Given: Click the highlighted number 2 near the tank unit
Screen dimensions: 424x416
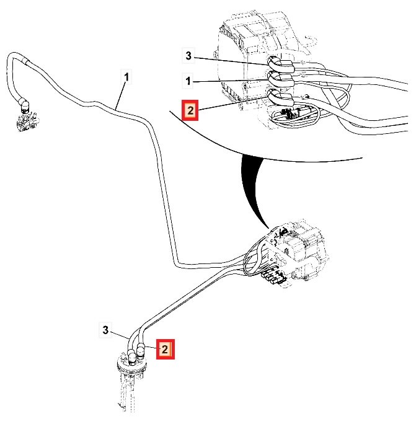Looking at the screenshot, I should tap(165, 350).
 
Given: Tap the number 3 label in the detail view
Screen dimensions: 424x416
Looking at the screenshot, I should tap(188, 57).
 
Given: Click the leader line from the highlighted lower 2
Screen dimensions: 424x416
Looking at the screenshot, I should tap(150, 349).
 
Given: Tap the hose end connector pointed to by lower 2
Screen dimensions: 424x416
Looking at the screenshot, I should tap(141, 352).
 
